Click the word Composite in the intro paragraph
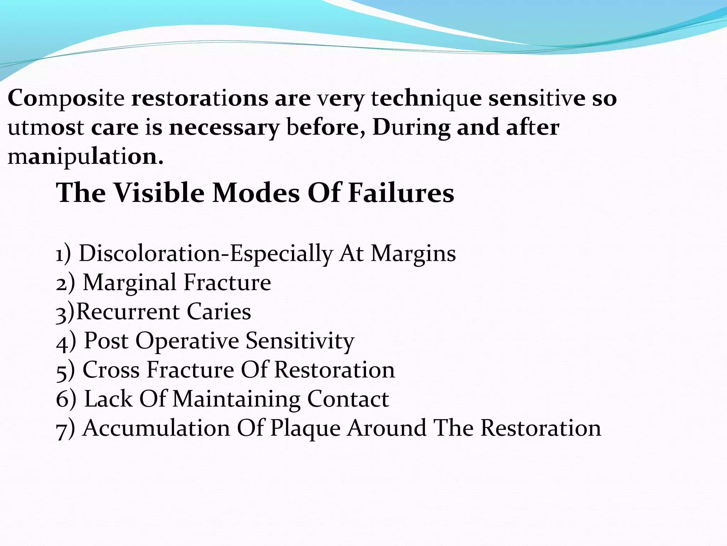coord(66,99)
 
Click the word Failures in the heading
coord(401,193)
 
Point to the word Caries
coord(219,312)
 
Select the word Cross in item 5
coord(111,370)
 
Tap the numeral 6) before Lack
coord(66,399)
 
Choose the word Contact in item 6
coord(348,399)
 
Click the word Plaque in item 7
coord(305,428)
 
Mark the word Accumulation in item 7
coord(156,428)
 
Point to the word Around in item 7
coord(387,428)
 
